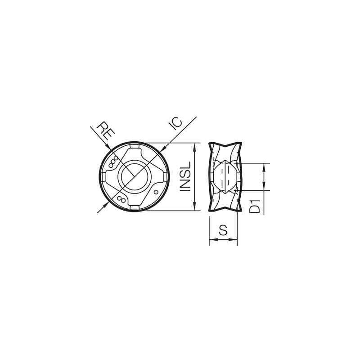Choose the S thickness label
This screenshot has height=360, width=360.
[223, 231]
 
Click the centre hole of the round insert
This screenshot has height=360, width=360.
[134, 176]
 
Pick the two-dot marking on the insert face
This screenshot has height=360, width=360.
[120, 199]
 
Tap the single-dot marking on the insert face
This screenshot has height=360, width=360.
[156, 193]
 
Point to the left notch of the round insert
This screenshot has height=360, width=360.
[104, 177]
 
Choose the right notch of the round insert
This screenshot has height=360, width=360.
[163, 177]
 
